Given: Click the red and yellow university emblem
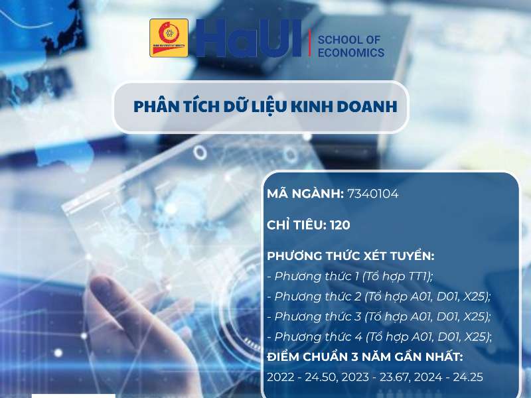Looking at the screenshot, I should coord(169,38).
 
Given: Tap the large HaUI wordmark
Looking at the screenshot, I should coord(250,38).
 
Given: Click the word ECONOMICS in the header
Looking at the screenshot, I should coord(351,52).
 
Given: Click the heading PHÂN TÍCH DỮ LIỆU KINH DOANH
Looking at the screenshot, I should coord(265,107).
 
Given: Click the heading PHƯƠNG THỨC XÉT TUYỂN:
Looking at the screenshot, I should coord(350,255).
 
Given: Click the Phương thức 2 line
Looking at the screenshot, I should coord(378,296).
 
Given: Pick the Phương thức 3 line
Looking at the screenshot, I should coord(378,316).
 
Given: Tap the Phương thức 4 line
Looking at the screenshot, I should coord(378,336).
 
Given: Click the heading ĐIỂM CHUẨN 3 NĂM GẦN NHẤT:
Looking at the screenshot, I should coord(365,357).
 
